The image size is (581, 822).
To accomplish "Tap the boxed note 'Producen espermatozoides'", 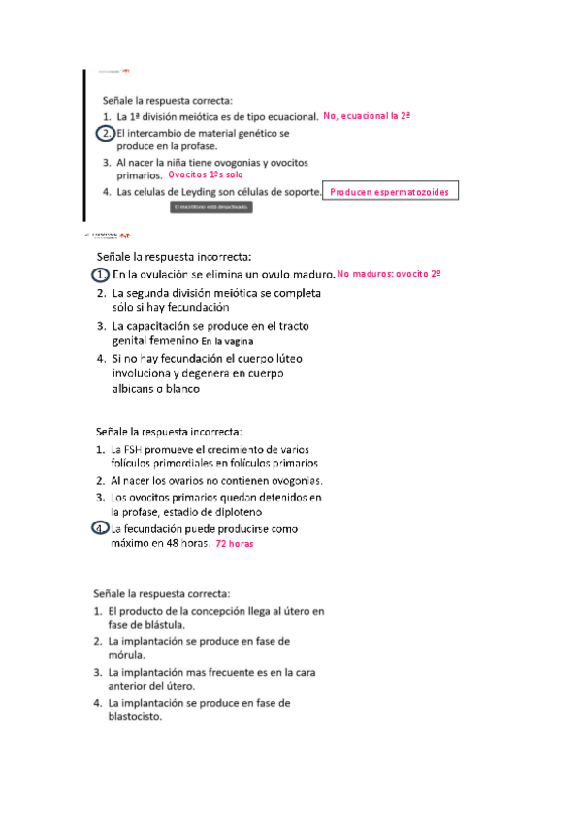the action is pos(389,193).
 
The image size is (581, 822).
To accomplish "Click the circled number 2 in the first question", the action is pos(106,132).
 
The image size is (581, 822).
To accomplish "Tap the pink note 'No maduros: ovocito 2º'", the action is pos(389,275).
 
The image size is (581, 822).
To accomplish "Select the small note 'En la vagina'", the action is pos(228,343).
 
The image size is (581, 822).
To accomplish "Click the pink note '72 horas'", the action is pos(235,545).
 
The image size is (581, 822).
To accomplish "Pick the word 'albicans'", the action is pos(134,389).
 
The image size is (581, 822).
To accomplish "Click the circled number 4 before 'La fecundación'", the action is pos(100,528).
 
